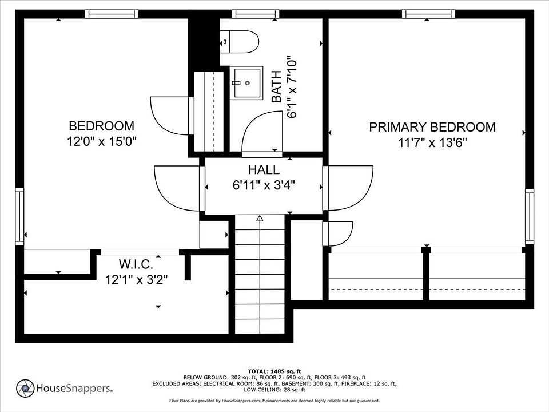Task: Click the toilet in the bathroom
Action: click(239, 42)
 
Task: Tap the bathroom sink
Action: click(246, 83)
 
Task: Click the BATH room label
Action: click(277, 86)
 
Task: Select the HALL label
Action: click(264, 169)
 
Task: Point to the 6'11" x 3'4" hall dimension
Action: click(264, 185)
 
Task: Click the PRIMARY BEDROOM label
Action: click(432, 127)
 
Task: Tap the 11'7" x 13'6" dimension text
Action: click(433, 142)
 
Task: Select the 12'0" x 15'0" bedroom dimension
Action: click(102, 141)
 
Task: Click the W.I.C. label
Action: click(136, 264)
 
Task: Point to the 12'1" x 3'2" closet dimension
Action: click(137, 280)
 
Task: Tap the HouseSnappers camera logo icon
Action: click(25, 388)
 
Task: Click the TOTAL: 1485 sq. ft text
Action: click(274, 371)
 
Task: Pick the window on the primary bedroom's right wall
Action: click(530, 216)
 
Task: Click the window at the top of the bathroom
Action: click(256, 14)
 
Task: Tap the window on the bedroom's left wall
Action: click(19, 216)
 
